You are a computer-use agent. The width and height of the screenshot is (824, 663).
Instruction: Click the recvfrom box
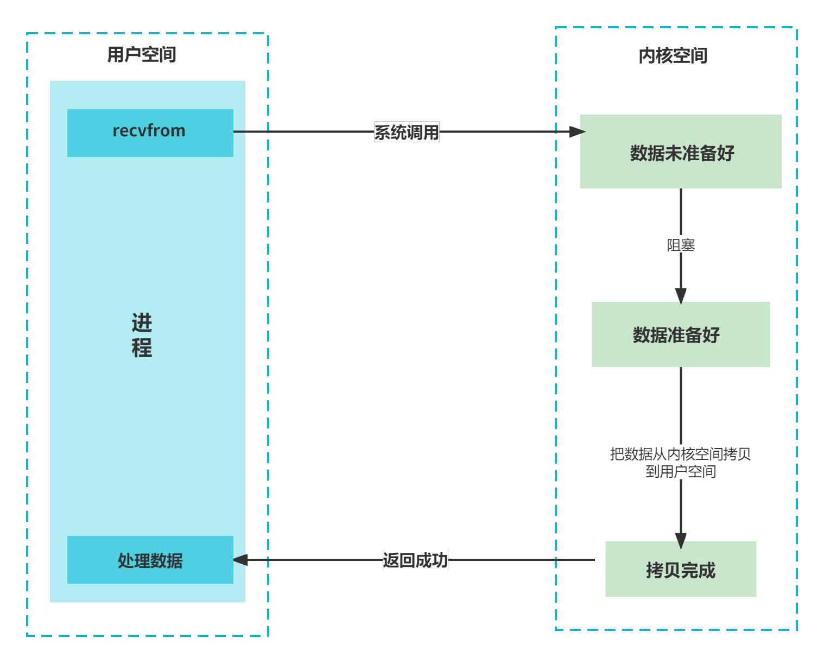(150, 132)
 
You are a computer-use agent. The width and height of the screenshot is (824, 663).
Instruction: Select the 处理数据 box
(150, 560)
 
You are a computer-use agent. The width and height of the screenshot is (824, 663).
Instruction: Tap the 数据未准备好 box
(681, 152)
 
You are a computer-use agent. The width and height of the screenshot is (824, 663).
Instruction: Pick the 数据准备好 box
(681, 334)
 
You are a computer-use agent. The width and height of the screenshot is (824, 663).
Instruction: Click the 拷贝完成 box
(681, 570)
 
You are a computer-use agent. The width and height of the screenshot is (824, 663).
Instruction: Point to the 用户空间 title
(142, 54)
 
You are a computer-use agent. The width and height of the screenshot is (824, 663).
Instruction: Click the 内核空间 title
(673, 55)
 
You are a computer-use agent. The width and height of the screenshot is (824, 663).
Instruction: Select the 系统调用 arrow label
(407, 132)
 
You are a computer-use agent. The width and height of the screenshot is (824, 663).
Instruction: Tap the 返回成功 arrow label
(415, 560)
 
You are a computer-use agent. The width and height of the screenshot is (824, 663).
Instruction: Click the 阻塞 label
(681, 245)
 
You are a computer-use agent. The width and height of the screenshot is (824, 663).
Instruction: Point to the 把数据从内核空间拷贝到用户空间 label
(681, 462)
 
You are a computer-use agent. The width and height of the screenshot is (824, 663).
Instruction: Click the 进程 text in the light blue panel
(142, 335)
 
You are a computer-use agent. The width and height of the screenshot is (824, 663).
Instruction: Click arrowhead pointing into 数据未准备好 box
(578, 131)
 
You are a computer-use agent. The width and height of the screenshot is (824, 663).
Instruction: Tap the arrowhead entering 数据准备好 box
(681, 296)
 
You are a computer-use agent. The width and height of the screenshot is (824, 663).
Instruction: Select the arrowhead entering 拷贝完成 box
(681, 541)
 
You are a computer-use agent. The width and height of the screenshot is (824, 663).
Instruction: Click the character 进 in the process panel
(142, 323)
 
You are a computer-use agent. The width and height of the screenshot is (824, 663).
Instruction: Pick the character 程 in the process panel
(142, 348)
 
